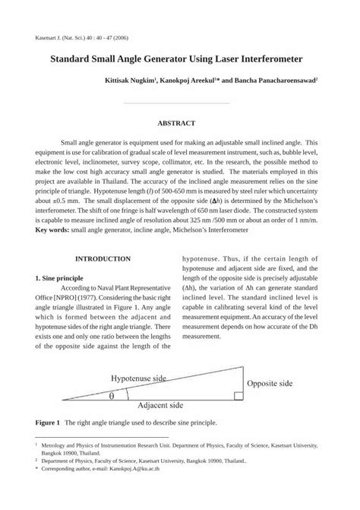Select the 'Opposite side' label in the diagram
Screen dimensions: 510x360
point(269,384)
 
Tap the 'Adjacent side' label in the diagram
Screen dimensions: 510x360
point(163,405)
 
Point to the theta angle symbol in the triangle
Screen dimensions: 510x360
point(112,395)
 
